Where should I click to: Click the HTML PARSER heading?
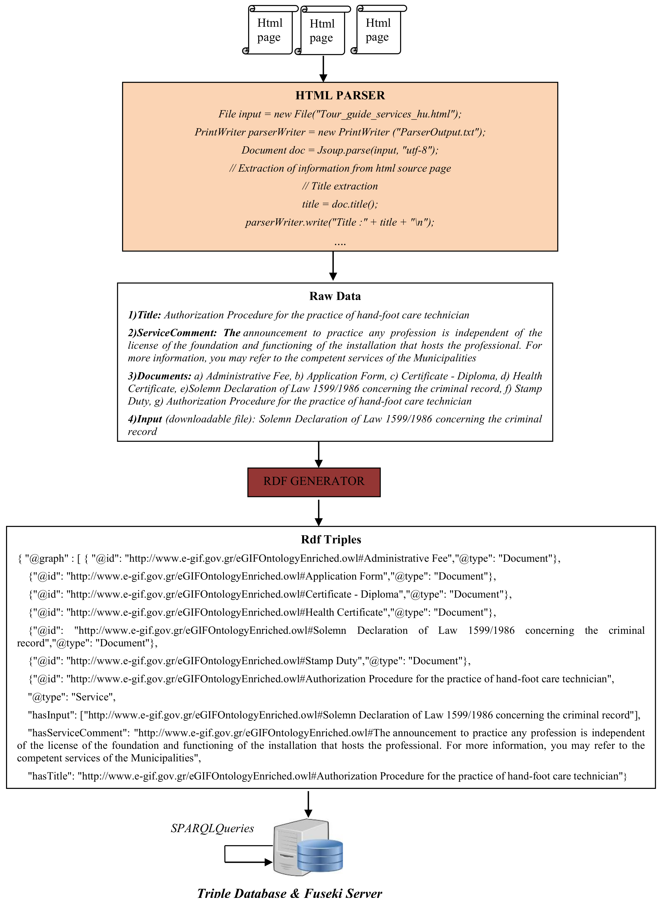340,95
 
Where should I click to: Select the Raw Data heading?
335,296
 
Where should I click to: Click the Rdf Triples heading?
331,539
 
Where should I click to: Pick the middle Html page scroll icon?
322,31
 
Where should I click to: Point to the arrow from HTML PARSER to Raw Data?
333,266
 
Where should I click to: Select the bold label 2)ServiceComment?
172,333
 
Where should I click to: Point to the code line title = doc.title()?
340,204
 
